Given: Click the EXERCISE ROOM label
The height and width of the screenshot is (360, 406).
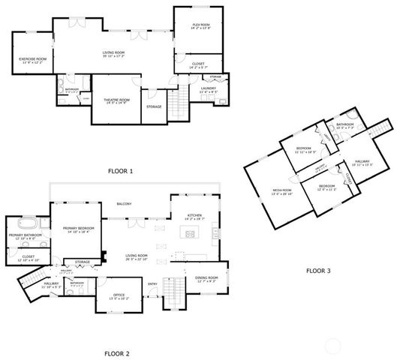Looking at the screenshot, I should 32,58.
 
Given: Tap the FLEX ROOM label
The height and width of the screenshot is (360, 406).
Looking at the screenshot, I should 200,25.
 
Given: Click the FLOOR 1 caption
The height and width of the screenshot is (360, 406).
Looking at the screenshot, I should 119,171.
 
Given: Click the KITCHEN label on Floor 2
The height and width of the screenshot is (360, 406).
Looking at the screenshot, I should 194,215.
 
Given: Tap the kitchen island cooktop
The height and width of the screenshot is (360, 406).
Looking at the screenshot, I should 189,234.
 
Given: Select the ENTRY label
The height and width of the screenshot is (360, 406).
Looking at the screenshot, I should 152,283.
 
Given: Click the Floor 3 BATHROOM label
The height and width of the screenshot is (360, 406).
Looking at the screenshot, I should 345,124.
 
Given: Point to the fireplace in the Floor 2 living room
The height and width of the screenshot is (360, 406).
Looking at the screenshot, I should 105,254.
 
